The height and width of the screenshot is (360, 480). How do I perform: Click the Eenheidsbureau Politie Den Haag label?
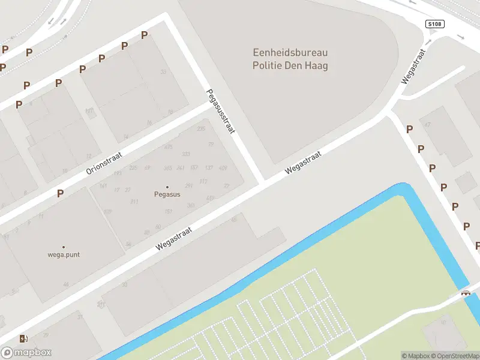tap(290, 59)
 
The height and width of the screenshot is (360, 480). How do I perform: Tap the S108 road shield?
tap(434, 24)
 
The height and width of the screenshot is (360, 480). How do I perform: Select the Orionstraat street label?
tap(104, 163)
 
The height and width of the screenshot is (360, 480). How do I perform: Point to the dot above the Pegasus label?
tap(167, 187)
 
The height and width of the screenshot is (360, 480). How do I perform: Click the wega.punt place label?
tap(64, 254)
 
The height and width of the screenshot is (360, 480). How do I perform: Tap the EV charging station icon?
tap(23, 338)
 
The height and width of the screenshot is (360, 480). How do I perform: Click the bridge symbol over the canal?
tap(465, 293)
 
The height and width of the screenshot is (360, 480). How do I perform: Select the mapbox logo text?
tap(34, 353)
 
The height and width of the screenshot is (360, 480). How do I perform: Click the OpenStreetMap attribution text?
tap(454, 356)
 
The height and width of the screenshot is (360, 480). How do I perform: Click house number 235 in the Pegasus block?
tap(201, 129)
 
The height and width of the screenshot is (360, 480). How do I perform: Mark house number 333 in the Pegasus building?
tap(186, 154)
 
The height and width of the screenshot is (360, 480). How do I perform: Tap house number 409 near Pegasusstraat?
tap(223, 168)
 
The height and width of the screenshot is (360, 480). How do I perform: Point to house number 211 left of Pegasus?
tap(134, 202)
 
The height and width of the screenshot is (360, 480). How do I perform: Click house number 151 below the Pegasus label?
tap(169, 211)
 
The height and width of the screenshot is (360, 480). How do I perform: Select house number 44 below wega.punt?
tap(65, 284)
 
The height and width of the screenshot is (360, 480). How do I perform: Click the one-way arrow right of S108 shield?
tap(461, 37)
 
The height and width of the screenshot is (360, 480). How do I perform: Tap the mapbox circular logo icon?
tap(7, 353)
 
